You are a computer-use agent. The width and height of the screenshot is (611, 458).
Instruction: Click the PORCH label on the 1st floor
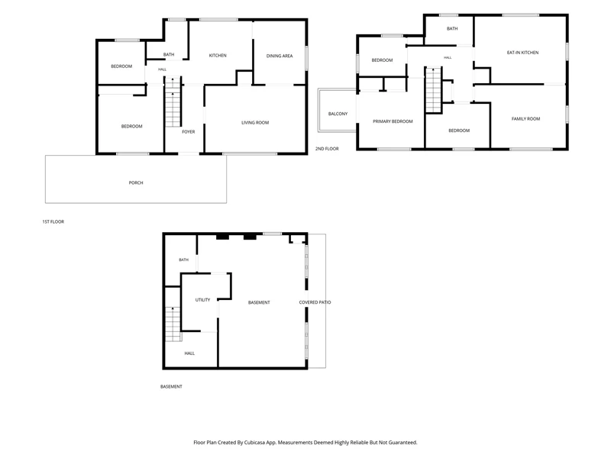click(136, 182)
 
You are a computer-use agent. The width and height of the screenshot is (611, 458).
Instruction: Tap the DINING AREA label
click(280, 56)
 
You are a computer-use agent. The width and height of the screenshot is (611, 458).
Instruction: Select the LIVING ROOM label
click(255, 123)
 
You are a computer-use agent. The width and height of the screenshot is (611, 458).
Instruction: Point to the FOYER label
click(189, 132)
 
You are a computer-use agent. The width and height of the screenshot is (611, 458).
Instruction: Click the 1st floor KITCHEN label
click(218, 56)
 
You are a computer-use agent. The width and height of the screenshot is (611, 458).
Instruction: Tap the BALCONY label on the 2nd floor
click(338, 114)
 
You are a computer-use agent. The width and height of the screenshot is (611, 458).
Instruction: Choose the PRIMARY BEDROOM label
click(393, 121)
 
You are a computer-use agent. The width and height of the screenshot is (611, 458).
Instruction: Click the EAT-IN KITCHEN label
click(523, 53)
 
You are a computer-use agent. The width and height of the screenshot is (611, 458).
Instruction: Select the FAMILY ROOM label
click(526, 119)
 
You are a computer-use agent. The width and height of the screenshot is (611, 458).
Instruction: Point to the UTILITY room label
click(202, 300)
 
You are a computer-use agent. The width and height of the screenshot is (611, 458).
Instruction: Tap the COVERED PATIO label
click(315, 302)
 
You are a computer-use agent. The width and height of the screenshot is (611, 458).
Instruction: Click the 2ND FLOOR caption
click(327, 149)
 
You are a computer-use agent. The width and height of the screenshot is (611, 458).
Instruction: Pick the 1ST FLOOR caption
click(53, 221)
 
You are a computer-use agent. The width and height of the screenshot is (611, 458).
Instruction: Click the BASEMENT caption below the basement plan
click(171, 387)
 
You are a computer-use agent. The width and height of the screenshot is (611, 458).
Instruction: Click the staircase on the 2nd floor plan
click(433, 90)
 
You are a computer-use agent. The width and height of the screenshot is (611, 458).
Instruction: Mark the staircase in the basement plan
click(173, 324)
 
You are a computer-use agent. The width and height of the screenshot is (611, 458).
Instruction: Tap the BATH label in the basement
click(183, 260)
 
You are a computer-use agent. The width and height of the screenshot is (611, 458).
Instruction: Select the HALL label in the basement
click(189, 353)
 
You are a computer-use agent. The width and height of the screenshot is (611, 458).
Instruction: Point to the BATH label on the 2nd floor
click(452, 29)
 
